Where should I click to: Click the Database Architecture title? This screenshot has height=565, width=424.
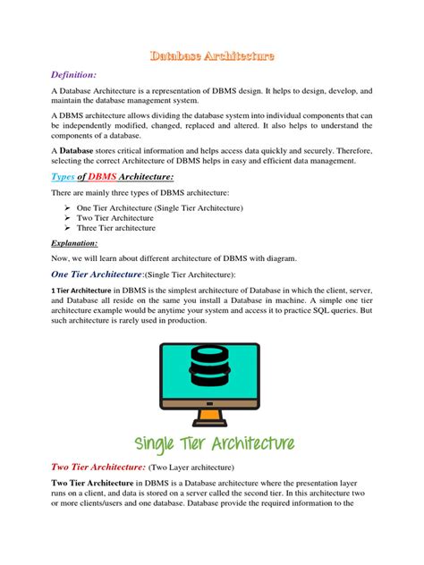tap(212, 56)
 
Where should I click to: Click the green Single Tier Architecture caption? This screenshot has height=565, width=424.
tap(212, 444)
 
